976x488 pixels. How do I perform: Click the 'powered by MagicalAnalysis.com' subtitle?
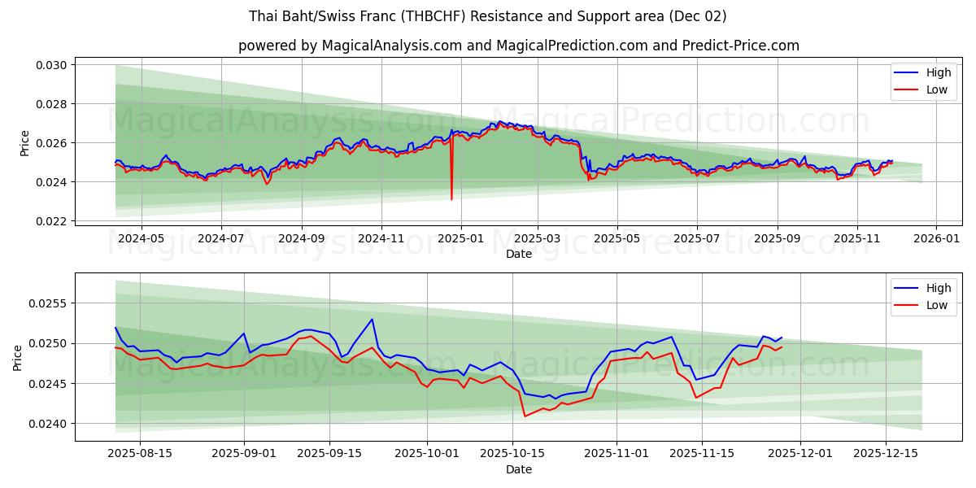coord(519,46)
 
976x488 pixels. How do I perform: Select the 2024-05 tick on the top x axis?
coord(142,239)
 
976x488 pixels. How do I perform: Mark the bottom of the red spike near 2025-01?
coord(451,199)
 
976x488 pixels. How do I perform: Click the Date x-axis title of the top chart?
coord(519,254)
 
